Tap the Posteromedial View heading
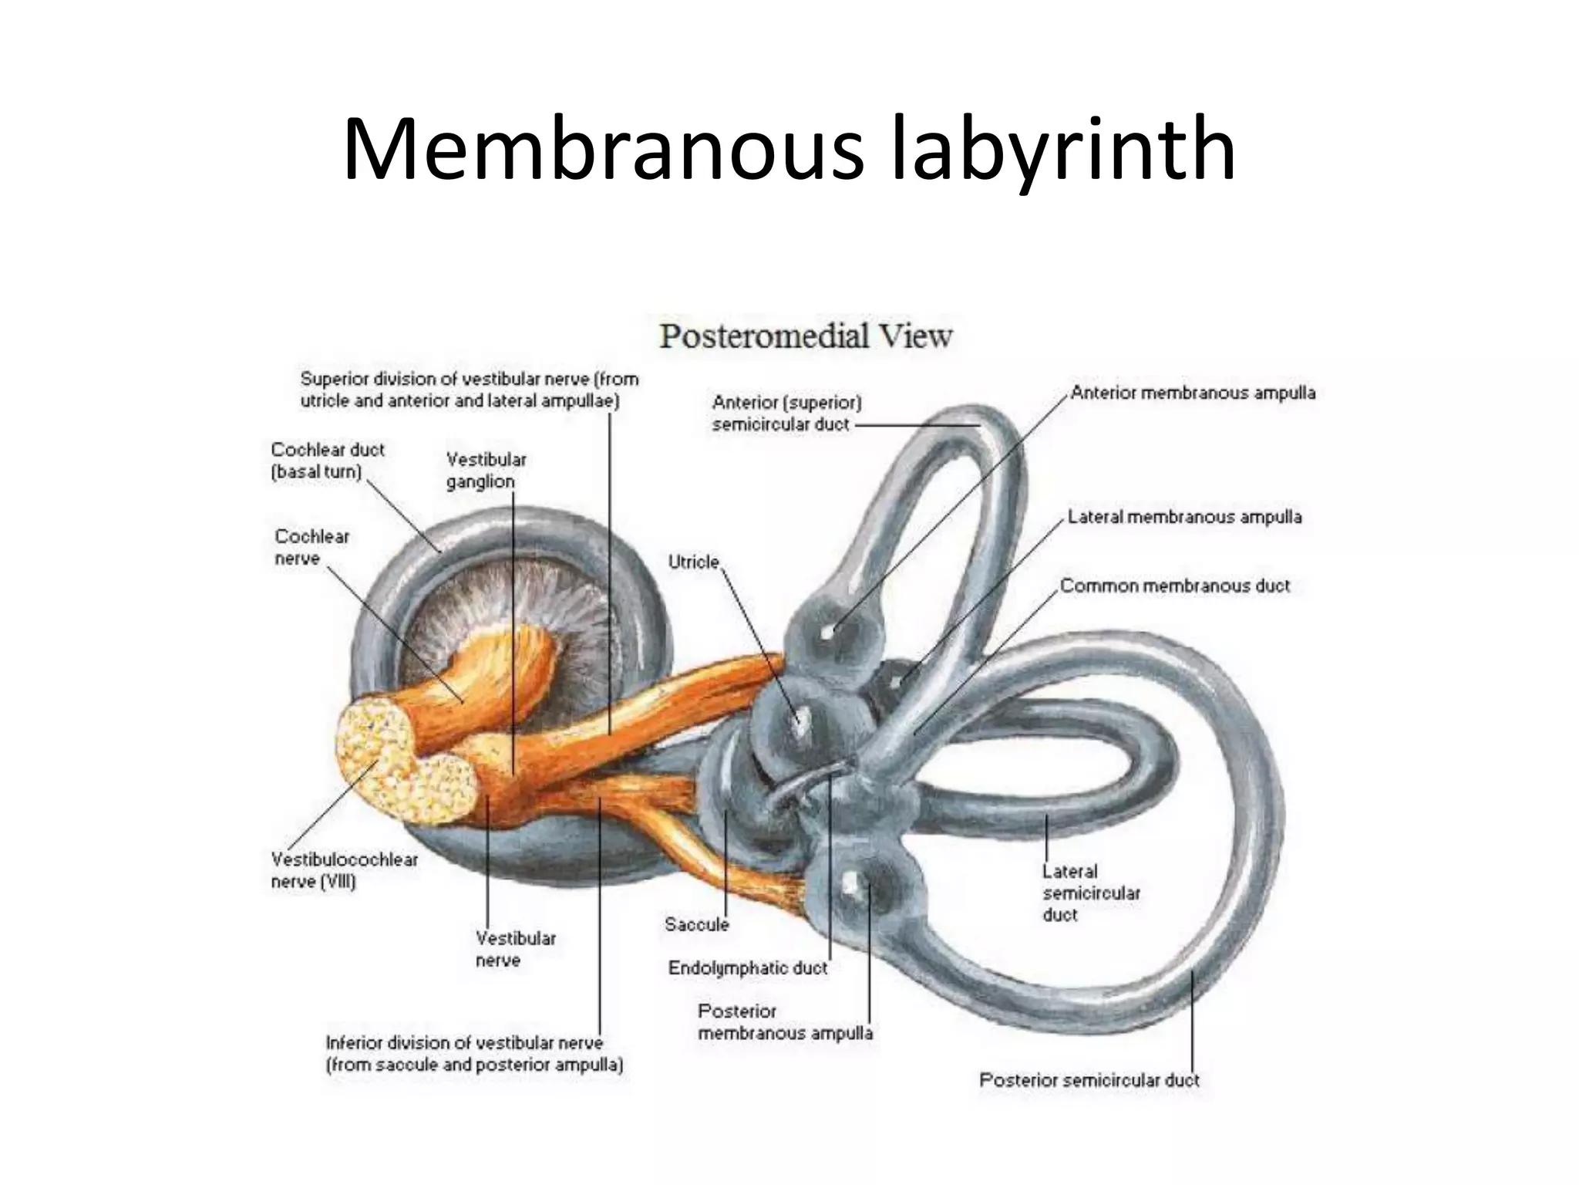tap(806, 337)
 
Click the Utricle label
tap(693, 562)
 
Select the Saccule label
tap(696, 924)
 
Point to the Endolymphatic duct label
tap(747, 968)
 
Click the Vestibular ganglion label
tap(486, 471)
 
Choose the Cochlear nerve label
tap(311, 547)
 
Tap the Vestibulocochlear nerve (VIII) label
tap(344, 870)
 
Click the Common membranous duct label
tap(1174, 586)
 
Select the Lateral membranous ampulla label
tap(1184, 517)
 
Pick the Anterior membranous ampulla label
tap(1193, 393)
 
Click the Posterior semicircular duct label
tap(1089, 1080)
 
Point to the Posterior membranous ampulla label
tap(785, 1022)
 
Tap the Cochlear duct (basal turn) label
tap(327, 461)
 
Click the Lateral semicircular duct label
tap(1090, 893)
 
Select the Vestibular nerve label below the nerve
tap(515, 950)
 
